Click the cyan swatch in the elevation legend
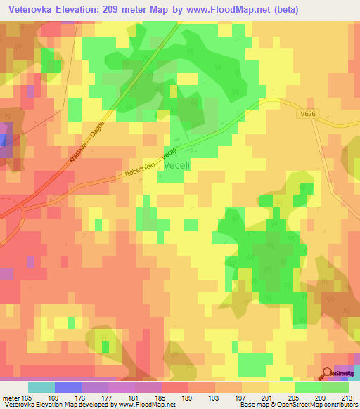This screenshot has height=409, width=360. tap(41, 387)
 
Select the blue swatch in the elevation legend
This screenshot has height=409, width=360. tap(68, 387)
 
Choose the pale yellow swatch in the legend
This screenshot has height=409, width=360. tap(281, 387)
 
